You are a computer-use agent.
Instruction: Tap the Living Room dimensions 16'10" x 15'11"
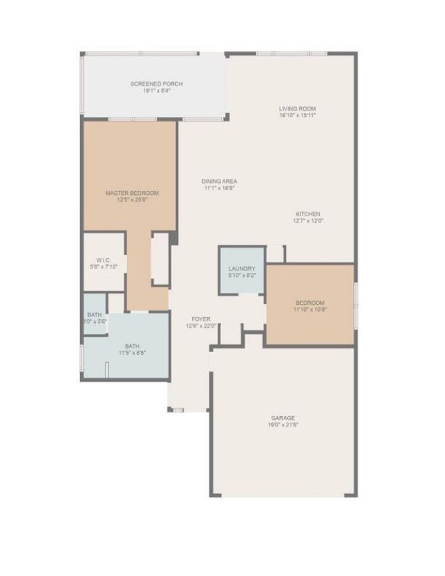298,115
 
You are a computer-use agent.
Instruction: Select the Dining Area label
220,181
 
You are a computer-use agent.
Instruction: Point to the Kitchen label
308,214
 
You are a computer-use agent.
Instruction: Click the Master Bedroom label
132,193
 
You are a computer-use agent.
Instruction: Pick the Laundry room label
242,269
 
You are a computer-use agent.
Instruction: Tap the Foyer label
202,319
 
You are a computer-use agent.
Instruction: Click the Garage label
283,418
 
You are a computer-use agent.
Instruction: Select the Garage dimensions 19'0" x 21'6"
283,425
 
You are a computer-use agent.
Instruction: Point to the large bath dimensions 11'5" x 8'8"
132,353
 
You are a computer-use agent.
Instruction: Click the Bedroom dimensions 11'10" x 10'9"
310,310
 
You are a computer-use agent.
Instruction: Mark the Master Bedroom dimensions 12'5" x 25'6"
132,200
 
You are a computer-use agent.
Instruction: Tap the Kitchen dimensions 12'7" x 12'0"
308,221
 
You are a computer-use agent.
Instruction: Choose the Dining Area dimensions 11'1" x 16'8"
220,188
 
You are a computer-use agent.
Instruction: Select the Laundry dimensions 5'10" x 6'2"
242,275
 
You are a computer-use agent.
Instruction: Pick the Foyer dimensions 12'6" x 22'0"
202,326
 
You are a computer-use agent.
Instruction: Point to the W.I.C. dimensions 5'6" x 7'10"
104,266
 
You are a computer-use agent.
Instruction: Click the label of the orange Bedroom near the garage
310,303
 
